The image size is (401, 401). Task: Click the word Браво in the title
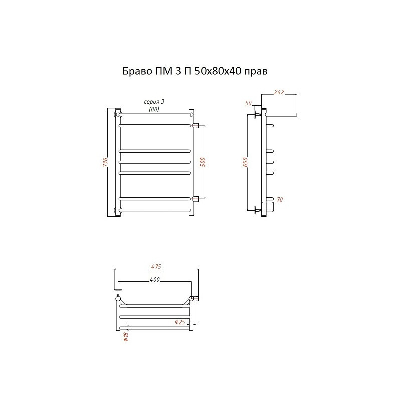click(137, 71)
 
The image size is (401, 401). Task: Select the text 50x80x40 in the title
click(218, 71)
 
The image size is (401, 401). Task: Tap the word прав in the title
click(256, 72)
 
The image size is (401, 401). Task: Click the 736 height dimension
click(105, 162)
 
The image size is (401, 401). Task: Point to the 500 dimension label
click(203, 162)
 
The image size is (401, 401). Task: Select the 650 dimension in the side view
click(245, 162)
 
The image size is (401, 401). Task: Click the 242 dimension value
click(279, 92)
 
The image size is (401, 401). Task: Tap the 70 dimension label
click(280, 199)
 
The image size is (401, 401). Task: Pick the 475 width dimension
click(156, 267)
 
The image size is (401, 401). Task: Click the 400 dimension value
click(155, 280)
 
